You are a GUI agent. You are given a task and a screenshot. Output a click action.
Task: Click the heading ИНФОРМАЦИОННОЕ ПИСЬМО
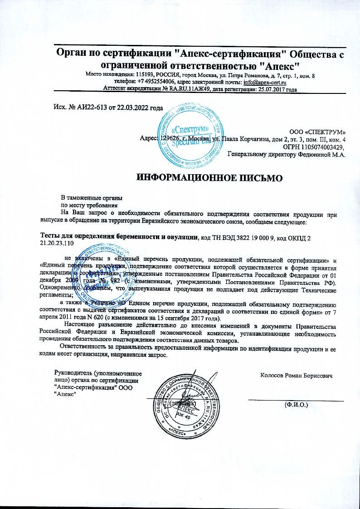click(209, 177)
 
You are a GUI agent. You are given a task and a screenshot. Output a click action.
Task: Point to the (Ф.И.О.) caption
click(296, 404)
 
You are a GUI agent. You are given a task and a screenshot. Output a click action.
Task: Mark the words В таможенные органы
click(92, 198)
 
